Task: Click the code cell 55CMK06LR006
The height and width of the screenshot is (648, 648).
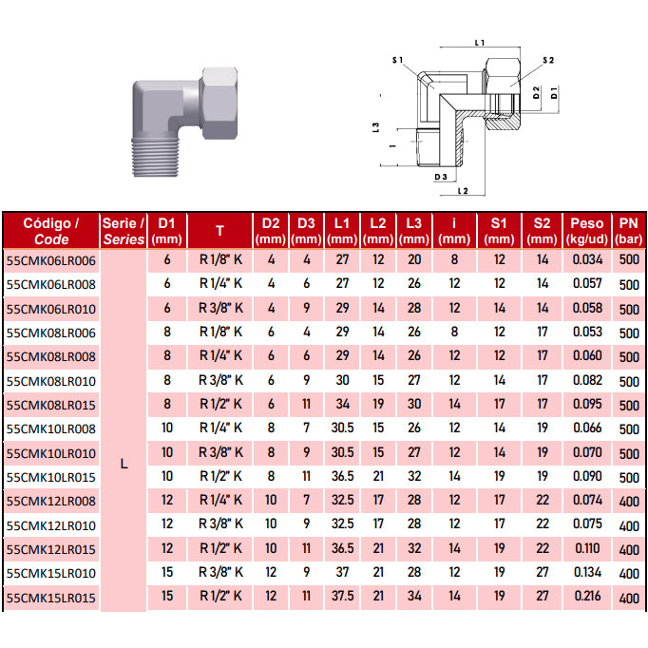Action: pyautogui.click(x=50, y=260)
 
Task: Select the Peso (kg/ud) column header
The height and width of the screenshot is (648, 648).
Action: pyautogui.click(x=587, y=231)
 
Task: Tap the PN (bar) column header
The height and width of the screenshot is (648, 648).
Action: pyautogui.click(x=628, y=231)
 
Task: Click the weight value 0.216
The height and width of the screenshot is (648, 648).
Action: pyautogui.click(x=587, y=596)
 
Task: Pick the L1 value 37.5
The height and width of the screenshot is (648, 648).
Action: pyautogui.click(x=342, y=596)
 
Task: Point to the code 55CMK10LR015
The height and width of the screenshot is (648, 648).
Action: pyautogui.click(x=50, y=477)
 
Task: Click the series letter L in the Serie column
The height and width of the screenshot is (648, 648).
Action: pyautogui.click(x=124, y=464)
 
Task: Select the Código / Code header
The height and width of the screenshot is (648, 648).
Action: pyautogui.click(x=50, y=231)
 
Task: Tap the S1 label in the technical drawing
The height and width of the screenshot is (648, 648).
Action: pyautogui.click(x=397, y=61)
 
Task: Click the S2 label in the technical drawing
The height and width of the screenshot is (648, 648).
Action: pyautogui.click(x=548, y=61)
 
